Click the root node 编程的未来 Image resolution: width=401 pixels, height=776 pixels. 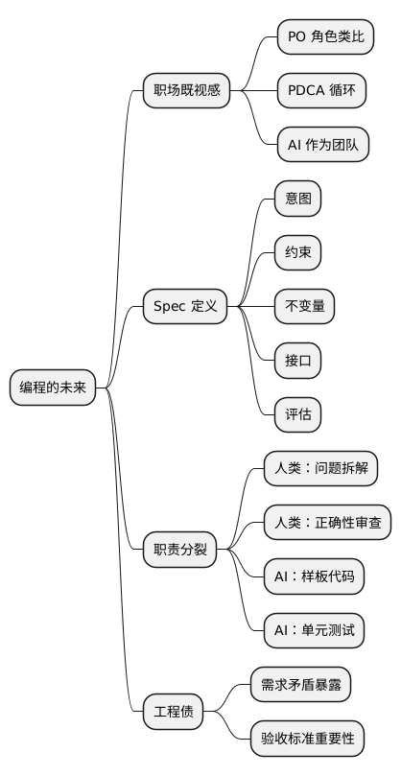pos(53,388)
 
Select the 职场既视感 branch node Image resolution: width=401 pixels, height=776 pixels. pos(187,91)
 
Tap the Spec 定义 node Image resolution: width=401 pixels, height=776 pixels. pos(185,307)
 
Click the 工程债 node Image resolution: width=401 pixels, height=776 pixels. pos(174,713)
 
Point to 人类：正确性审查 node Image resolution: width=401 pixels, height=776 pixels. pos(327,523)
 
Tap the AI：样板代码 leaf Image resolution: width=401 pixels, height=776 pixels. pos(314,577)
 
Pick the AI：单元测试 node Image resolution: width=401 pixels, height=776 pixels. pos(314,631)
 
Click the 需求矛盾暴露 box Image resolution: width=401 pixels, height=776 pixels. pos(299,685)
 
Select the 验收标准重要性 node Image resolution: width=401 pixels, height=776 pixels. pos(307,740)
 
